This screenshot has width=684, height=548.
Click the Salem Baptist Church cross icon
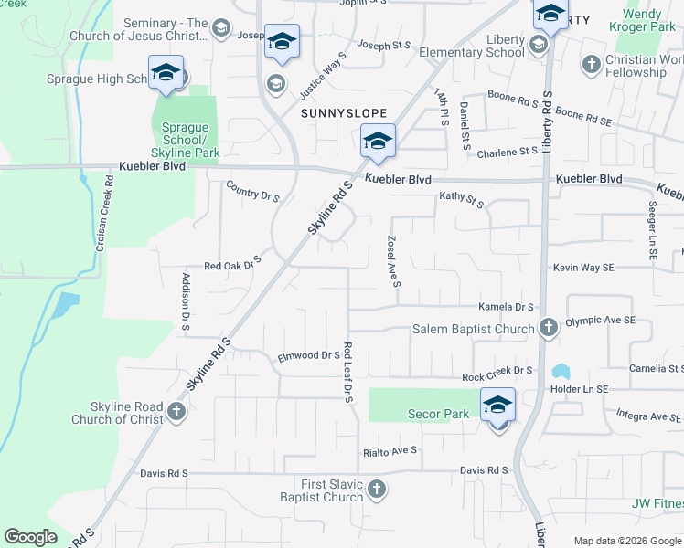tap(548, 328)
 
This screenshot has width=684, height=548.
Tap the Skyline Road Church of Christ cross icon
tap(176, 413)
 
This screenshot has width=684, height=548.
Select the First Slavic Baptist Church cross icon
tap(376, 491)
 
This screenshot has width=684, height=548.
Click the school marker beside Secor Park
tap(497, 405)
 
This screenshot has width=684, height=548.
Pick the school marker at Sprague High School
tap(166, 73)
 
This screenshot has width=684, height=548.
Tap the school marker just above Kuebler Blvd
tap(377, 142)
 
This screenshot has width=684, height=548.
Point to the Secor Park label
tap(439, 414)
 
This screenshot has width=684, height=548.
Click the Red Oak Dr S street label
tap(232, 265)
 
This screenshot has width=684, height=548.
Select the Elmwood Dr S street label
tap(309, 355)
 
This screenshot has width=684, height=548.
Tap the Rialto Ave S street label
tap(390, 450)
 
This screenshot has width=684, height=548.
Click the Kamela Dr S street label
tap(506, 308)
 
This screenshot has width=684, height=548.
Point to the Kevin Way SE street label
tap(582, 268)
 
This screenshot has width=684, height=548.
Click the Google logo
tap(31, 537)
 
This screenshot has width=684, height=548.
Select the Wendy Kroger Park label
tap(655, 21)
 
